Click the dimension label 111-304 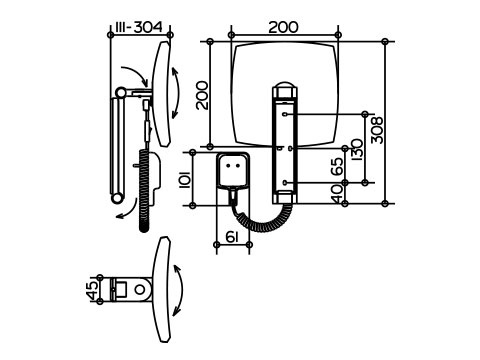point(139,27)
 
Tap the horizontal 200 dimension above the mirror point(284,27)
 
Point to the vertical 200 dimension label point(202,95)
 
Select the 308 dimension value point(377,130)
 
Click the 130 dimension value point(357,150)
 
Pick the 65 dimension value point(337,166)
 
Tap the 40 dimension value point(337,194)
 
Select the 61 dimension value point(232,237)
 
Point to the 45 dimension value point(92,290)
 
